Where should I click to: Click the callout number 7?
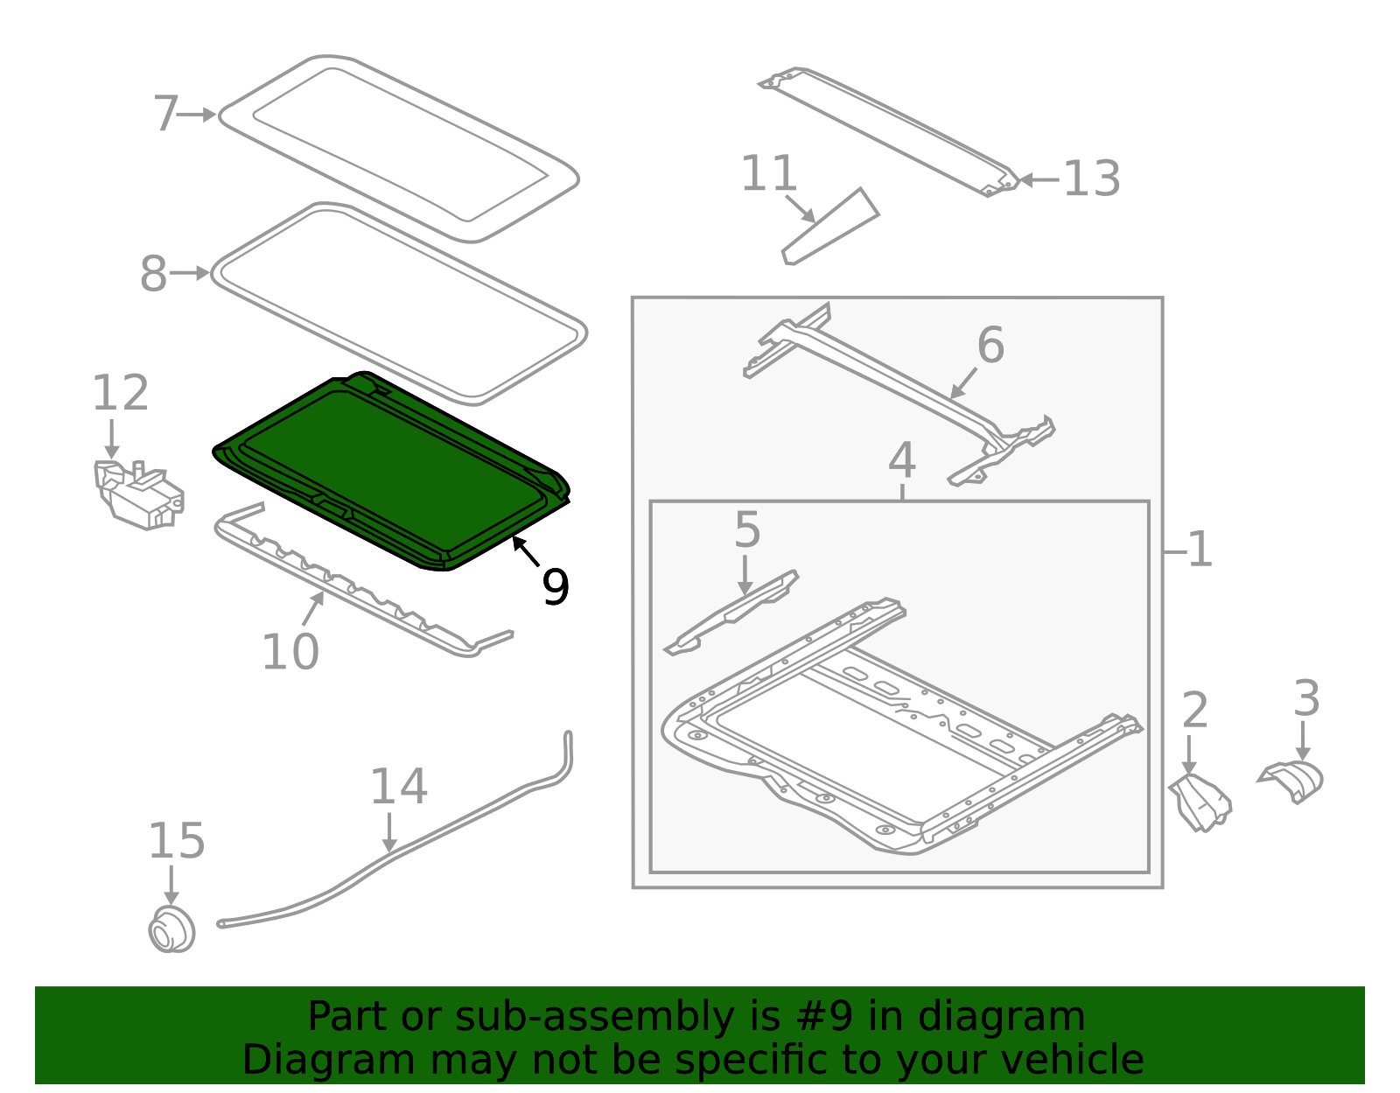click(x=165, y=114)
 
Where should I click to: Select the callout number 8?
click(x=153, y=274)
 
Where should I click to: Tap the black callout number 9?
click(x=556, y=587)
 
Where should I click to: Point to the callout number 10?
click(x=290, y=652)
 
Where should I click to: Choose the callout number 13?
click(x=1092, y=179)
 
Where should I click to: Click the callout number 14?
click(x=399, y=787)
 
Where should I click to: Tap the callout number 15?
click(x=177, y=840)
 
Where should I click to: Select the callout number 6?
click(x=990, y=345)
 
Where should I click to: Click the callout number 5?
click(x=747, y=530)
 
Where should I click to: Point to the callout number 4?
click(x=902, y=460)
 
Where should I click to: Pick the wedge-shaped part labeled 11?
click(x=830, y=227)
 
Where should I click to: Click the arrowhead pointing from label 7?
click(x=209, y=115)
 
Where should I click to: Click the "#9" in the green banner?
click(x=824, y=1016)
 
